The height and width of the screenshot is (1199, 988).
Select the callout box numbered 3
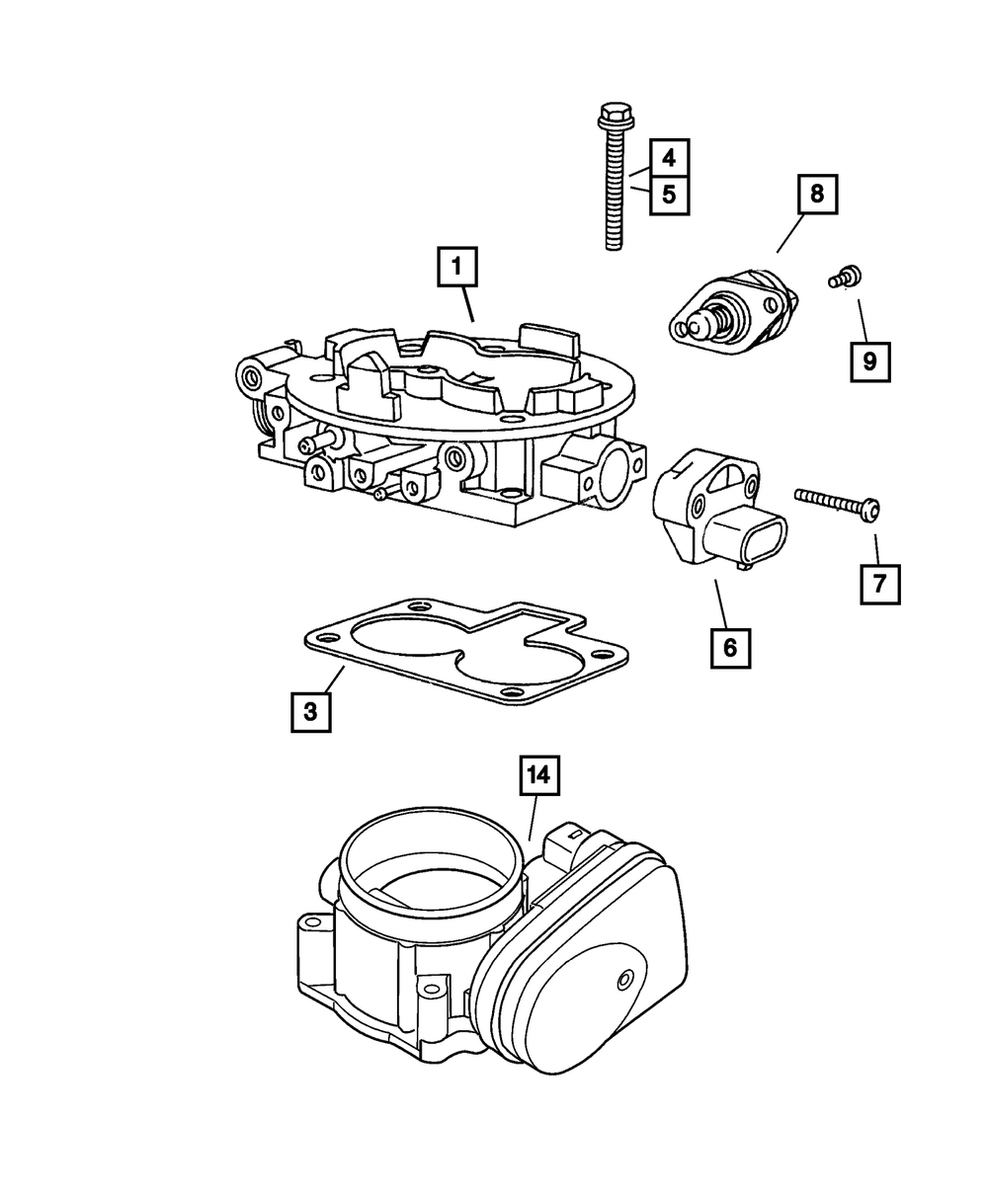310,711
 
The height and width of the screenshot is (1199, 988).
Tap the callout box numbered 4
669,157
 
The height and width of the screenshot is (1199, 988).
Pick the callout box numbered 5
669,195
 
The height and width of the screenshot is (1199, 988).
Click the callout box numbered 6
729,648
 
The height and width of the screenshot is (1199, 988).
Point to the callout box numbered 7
879,583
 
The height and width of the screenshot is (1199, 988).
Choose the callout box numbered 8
816,195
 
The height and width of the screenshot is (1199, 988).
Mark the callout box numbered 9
869,361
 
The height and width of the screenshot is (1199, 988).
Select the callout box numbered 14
539,776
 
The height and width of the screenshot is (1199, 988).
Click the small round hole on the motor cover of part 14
623,979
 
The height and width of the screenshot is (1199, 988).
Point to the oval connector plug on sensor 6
757,537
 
